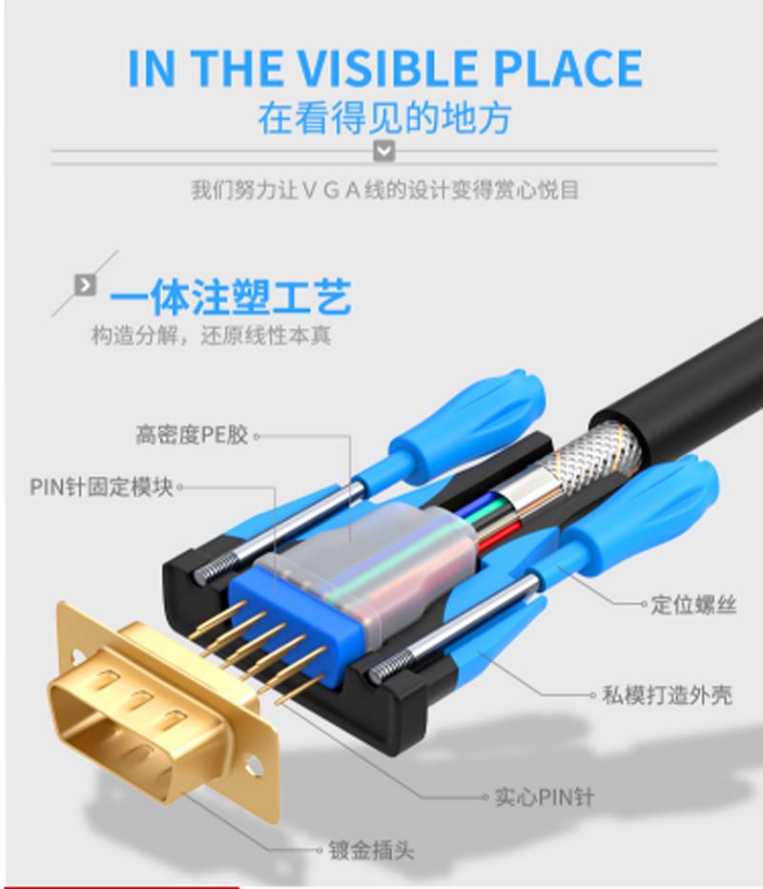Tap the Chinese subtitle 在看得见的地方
(385, 118)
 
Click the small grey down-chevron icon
(385, 152)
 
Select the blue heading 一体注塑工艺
(230, 297)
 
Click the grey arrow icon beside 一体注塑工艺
(85, 284)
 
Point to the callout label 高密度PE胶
(192, 435)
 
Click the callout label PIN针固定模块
(101, 486)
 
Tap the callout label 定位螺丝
(693, 605)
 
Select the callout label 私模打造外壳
(668, 694)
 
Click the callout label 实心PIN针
(545, 797)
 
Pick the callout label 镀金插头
(371, 851)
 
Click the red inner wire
(499, 537)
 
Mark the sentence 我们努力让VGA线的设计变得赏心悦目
(384, 190)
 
